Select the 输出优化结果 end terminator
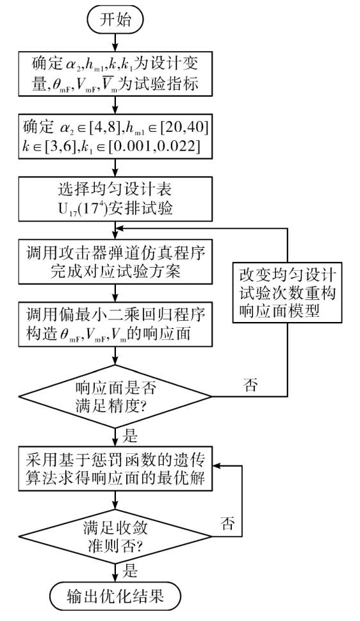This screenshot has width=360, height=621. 115,597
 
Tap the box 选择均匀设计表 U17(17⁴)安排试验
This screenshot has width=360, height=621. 115,198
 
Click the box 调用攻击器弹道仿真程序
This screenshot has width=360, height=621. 115,261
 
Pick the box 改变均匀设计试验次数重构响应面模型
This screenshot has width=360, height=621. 287,293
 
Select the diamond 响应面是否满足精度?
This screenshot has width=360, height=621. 115,396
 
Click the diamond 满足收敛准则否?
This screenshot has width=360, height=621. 115,536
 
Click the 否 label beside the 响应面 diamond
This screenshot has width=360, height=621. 250,385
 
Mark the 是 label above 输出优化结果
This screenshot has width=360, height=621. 129,571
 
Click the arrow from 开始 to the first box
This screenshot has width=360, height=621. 115,42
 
